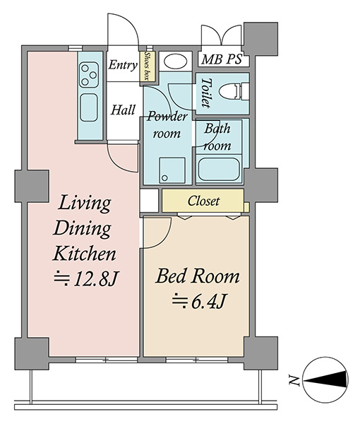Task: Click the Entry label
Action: point(123,65)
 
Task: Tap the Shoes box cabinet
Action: point(148,66)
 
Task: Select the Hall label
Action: point(123,110)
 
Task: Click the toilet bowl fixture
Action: point(234,91)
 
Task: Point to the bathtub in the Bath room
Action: point(219,170)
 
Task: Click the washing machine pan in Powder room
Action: point(172,170)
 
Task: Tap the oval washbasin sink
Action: point(176,62)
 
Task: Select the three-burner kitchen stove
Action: point(89,75)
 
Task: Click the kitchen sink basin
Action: point(89,107)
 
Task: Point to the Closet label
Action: point(203,201)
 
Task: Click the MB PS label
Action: point(222,59)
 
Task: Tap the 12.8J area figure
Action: point(86,279)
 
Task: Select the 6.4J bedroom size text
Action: point(198,302)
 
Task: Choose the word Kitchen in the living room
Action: point(84,254)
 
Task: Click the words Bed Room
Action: point(198,277)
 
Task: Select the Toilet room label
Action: point(206,93)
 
